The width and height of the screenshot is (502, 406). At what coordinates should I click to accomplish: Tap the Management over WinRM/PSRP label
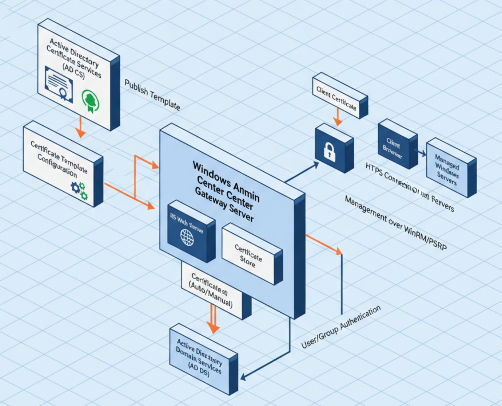click(395, 223)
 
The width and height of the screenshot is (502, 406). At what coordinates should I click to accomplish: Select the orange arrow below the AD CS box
click(79, 127)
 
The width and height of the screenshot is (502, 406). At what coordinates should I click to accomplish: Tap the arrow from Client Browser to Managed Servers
click(422, 153)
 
